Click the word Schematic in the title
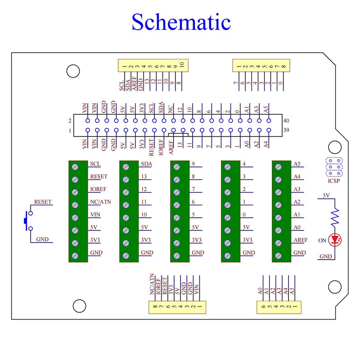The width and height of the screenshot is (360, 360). (x=181, y=22)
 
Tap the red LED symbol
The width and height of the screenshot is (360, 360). (x=335, y=240)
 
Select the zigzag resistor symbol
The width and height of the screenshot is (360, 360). (x=335, y=216)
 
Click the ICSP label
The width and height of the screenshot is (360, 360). (x=333, y=181)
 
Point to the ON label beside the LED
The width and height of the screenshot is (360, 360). (x=322, y=240)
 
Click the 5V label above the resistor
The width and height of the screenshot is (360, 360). (x=326, y=195)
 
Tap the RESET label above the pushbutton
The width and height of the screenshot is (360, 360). (x=43, y=202)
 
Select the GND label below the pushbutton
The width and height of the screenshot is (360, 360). (x=42, y=239)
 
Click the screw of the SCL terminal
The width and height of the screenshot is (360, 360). (x=75, y=167)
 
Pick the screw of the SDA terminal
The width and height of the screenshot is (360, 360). (x=126, y=167)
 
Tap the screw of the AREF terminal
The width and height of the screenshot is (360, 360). (x=278, y=243)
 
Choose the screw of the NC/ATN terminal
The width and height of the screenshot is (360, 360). (x=75, y=205)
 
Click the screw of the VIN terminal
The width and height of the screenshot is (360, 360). (x=75, y=218)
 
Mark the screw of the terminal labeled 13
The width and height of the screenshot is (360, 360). (x=126, y=180)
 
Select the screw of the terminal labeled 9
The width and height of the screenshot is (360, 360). (x=176, y=167)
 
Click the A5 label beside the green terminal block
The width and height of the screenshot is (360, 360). (x=297, y=164)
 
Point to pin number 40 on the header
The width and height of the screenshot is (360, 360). (x=286, y=121)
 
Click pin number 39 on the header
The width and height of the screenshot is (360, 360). (x=286, y=130)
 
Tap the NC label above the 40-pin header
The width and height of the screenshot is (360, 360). (x=170, y=109)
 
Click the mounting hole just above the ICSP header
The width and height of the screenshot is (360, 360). (x=335, y=147)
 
